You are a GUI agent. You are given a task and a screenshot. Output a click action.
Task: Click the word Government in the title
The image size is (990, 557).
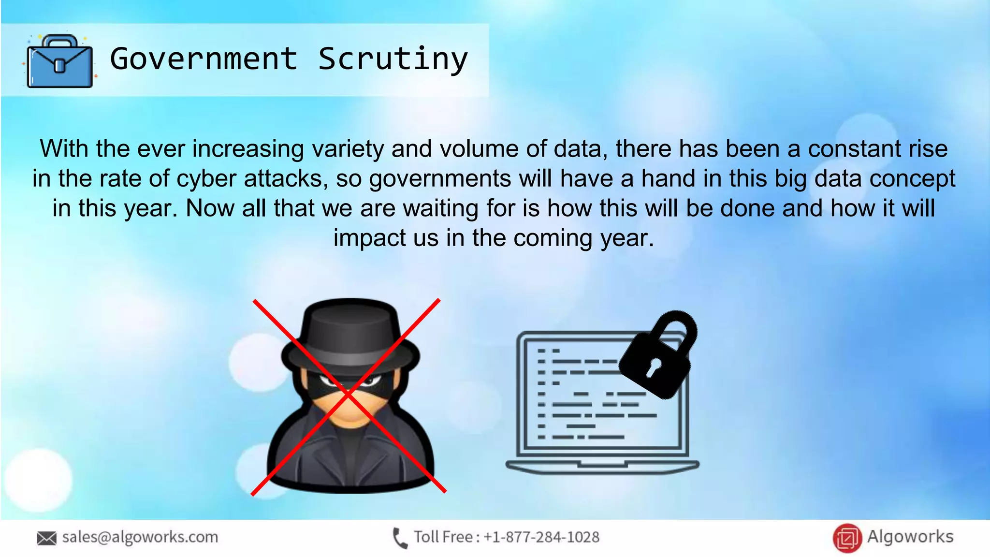tap(204, 59)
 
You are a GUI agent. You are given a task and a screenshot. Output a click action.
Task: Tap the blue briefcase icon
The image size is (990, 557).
tap(59, 61)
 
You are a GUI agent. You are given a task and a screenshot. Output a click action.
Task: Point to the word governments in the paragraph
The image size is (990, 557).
tap(440, 179)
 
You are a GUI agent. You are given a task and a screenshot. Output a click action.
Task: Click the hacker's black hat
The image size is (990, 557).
tap(350, 334)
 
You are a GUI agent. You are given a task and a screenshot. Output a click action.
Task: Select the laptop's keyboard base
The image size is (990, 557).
tap(602, 466)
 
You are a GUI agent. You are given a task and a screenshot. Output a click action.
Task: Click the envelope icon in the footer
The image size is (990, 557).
tap(46, 538)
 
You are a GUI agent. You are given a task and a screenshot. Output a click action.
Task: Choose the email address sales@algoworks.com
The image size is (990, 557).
tap(140, 537)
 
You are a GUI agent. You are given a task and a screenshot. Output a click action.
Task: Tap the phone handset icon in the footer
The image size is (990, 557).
tap(399, 538)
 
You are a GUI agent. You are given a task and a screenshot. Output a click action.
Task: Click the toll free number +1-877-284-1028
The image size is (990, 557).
tap(541, 537)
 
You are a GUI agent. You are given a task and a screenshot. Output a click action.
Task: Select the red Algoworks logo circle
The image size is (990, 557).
tap(847, 538)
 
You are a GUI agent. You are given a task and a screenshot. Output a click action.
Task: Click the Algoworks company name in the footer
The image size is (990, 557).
tap(910, 536)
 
